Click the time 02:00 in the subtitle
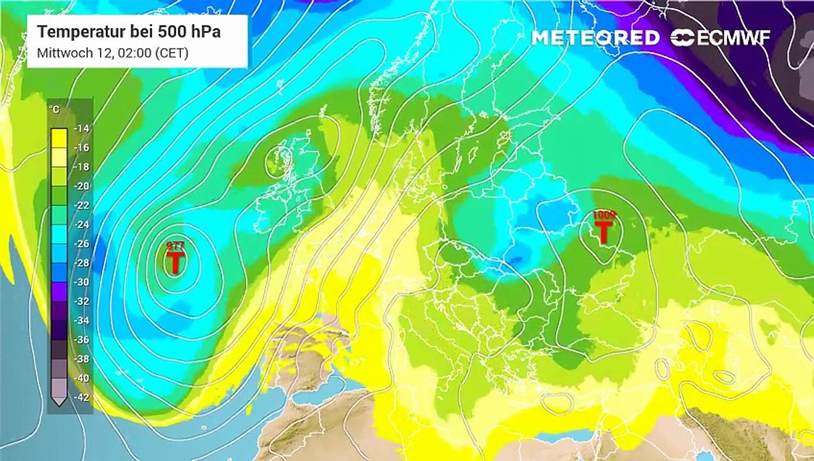click(x=135, y=54)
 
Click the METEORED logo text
click(x=595, y=38)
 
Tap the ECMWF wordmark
click(x=733, y=38)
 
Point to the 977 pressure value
click(x=175, y=246)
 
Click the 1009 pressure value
click(x=603, y=214)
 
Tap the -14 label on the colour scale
click(x=81, y=128)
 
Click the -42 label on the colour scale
click(x=81, y=397)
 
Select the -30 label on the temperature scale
click(x=81, y=282)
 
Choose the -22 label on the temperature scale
click(x=81, y=205)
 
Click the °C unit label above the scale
click(x=55, y=109)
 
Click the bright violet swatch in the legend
click(x=59, y=291)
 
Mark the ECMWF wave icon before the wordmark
click(x=682, y=38)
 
